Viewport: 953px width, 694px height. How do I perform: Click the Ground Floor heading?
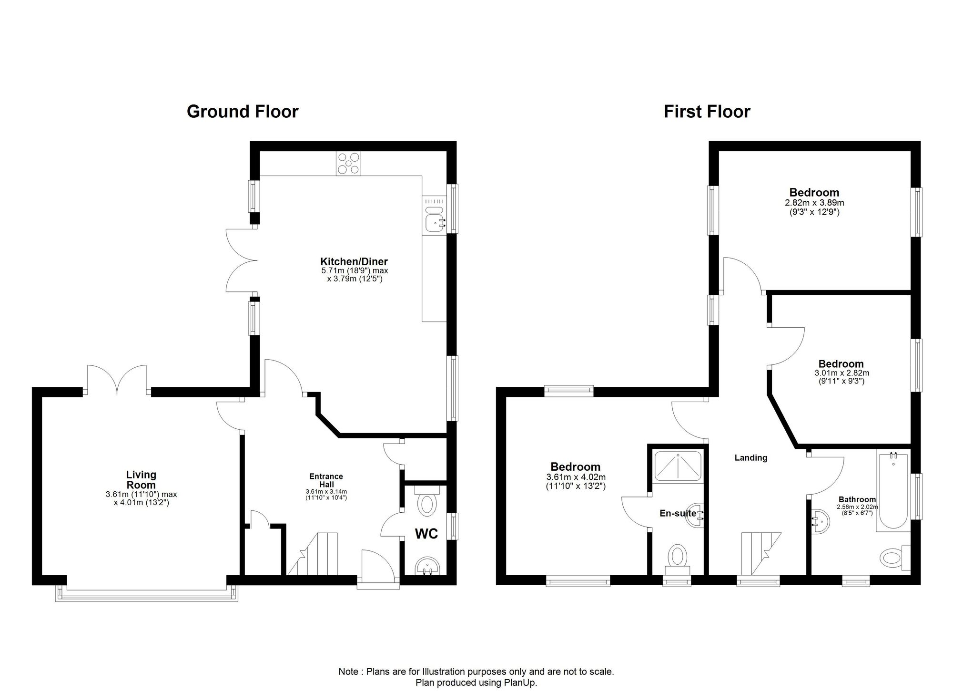click(x=243, y=111)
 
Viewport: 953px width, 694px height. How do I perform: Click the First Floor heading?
click(x=707, y=112)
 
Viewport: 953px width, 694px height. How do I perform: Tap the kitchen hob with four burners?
click(x=348, y=163)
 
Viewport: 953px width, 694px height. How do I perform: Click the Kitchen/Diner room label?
click(x=354, y=261)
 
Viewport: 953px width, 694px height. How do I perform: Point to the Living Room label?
click(x=141, y=479)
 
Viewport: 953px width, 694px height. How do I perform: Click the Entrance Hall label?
click(x=326, y=480)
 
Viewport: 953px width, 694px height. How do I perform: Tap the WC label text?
click(x=426, y=534)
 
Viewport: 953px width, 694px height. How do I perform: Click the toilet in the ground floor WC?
click(x=426, y=501)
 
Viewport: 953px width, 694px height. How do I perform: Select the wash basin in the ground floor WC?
click(x=427, y=566)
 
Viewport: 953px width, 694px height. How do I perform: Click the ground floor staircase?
click(x=312, y=554)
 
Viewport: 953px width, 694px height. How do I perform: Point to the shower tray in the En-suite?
click(x=678, y=466)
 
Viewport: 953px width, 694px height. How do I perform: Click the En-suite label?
click(x=678, y=514)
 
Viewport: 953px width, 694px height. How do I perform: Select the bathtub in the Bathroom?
click(x=893, y=491)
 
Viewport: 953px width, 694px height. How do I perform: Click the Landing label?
click(x=751, y=458)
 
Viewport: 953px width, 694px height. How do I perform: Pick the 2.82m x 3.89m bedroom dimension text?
click(x=814, y=203)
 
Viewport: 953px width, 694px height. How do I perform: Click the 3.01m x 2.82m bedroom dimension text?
click(x=841, y=373)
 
